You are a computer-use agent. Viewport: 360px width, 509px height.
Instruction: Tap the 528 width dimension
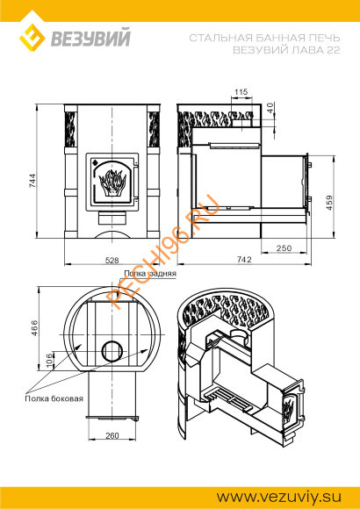pyautogui.click(x=112, y=260)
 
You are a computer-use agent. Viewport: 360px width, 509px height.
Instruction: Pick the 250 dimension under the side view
pyautogui.click(x=283, y=248)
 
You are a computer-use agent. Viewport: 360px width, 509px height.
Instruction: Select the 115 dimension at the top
pyautogui.click(x=242, y=91)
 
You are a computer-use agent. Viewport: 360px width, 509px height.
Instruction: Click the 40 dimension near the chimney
pyautogui.click(x=270, y=107)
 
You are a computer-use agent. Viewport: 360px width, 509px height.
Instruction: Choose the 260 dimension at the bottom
pyautogui.click(x=112, y=434)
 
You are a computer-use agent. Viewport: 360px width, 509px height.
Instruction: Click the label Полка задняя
pyautogui.click(x=152, y=274)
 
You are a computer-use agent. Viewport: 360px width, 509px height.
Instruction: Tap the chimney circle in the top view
pyautogui.click(x=113, y=349)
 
